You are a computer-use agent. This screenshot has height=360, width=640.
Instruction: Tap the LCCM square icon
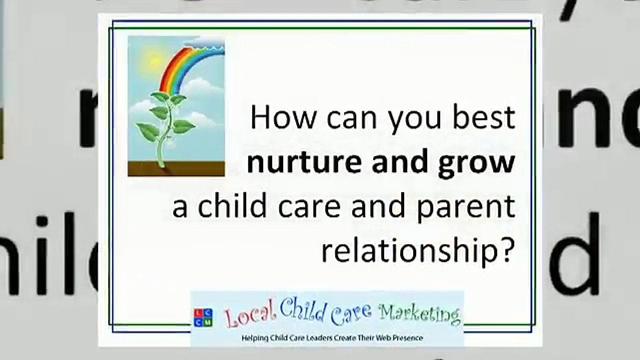203,318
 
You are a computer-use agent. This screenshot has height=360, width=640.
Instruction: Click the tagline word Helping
253,338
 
